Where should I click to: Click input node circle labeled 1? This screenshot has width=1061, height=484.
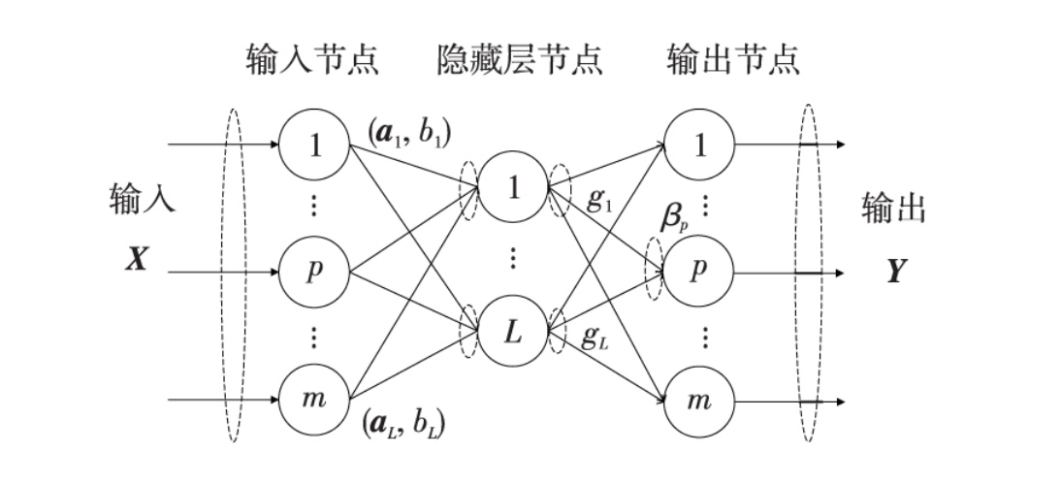pyautogui.click(x=313, y=145)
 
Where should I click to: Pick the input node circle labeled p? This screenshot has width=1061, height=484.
pyautogui.click(x=313, y=272)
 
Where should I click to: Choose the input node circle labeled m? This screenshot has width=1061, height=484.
pyautogui.click(x=313, y=400)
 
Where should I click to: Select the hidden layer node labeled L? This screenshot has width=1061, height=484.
pyautogui.click(x=513, y=333)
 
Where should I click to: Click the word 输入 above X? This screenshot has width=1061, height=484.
pyautogui.click(x=141, y=201)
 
